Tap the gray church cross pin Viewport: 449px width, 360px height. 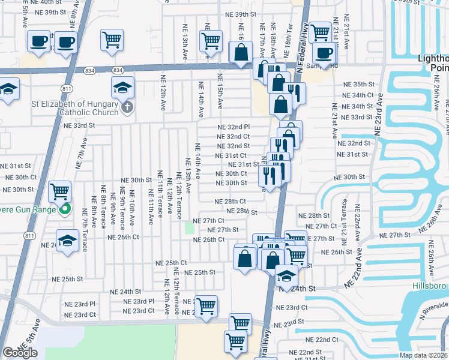[x=126, y=107]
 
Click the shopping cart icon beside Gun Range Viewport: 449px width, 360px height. [x=60, y=192]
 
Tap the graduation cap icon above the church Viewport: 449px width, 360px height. [x=122, y=87]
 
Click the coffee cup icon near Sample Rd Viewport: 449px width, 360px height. [x=324, y=52]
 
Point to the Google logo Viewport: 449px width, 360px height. [x=20, y=353]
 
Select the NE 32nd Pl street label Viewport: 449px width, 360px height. [x=234, y=127]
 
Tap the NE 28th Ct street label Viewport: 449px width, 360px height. [x=231, y=202]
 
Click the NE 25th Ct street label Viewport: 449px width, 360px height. [x=171, y=263]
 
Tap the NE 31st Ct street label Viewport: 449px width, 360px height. [x=231, y=155]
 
